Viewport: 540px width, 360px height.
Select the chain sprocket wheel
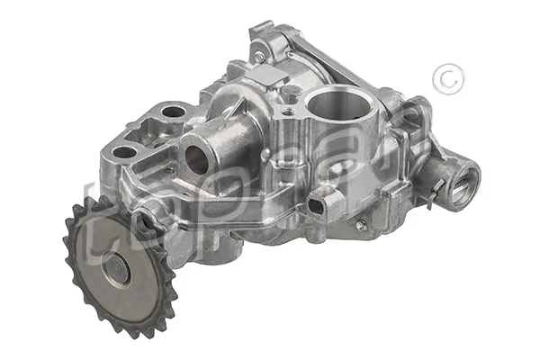[119, 265]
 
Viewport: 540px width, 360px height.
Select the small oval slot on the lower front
[316, 206]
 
